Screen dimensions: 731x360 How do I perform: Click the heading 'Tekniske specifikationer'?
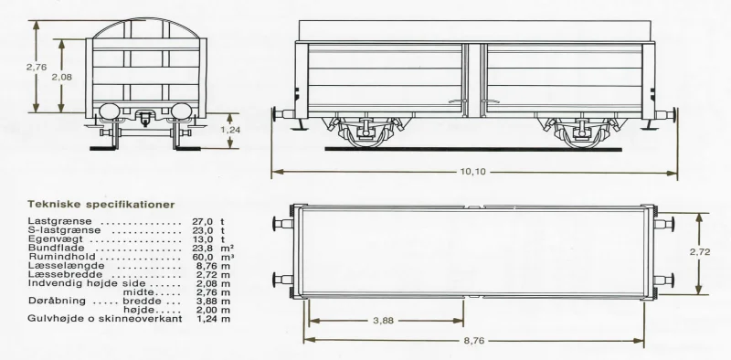[x=101, y=205]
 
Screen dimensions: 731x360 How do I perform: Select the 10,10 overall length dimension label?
[x=472, y=172]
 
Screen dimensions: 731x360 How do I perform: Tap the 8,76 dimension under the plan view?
[x=473, y=341]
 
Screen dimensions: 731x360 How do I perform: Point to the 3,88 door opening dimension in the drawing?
[x=383, y=321]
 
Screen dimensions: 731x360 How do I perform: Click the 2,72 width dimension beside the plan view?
[x=700, y=252]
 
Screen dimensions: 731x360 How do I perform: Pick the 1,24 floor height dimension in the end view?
[x=230, y=130]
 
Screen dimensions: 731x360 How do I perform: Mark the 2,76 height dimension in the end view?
[x=37, y=67]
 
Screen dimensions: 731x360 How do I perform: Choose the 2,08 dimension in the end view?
[x=61, y=77]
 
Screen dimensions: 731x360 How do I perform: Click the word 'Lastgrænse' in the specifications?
[x=59, y=221]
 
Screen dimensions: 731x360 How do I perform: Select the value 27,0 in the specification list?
[x=203, y=221]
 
